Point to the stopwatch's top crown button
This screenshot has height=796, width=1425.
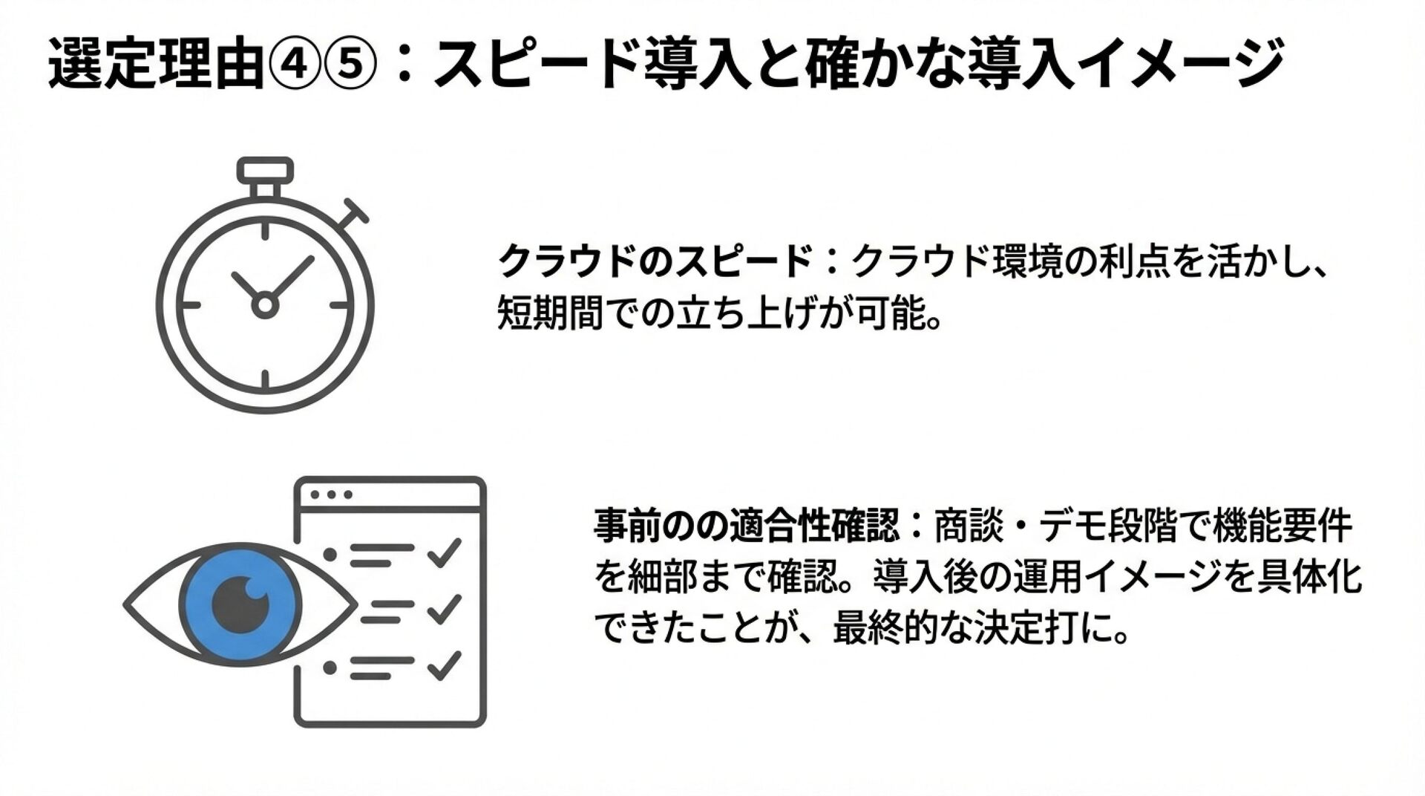pyautogui.click(x=265, y=170)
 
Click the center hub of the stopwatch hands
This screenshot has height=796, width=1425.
pyautogui.click(x=264, y=304)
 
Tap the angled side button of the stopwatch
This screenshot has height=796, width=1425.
pyautogui.click(x=354, y=211)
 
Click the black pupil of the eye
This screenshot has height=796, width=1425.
pyautogui.click(x=240, y=603)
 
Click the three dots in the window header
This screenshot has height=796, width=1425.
pyautogui.click(x=331, y=495)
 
